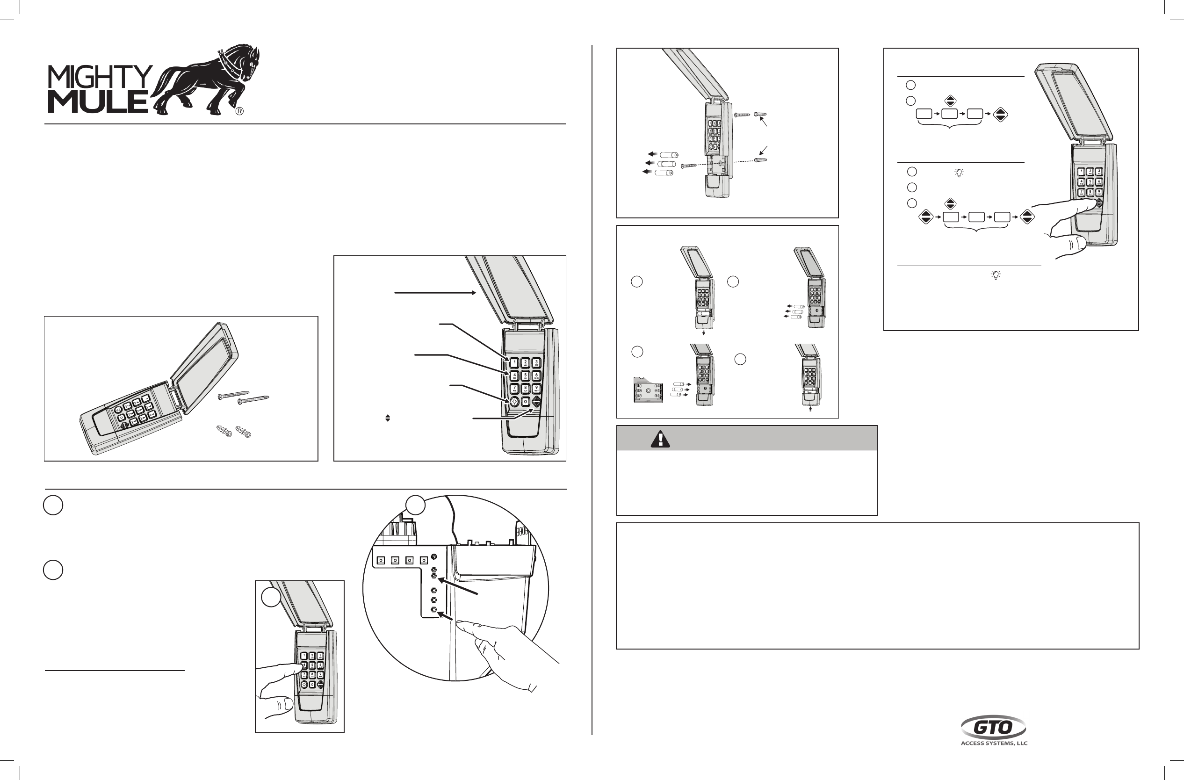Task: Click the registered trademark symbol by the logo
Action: pos(239,111)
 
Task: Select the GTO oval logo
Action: pos(993,727)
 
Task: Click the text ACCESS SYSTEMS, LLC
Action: pos(994,744)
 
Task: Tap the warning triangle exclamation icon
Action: pos(660,439)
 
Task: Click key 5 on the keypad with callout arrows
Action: pos(525,376)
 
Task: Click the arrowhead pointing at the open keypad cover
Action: pos(474,293)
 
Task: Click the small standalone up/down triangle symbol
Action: pos(388,419)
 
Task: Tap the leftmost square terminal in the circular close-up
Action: pos(381,560)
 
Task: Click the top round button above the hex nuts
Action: pos(434,556)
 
